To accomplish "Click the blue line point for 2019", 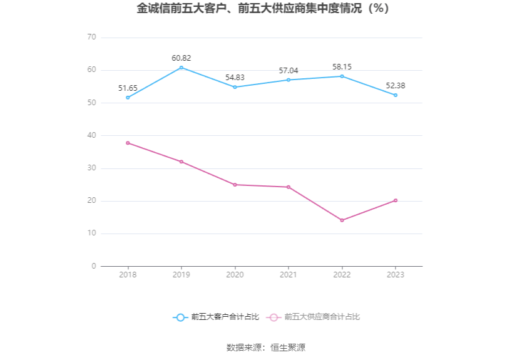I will coord(182,68).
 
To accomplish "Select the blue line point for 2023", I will coord(396,95).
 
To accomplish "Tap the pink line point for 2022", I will coord(342,220).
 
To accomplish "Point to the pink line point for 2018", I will coord(128,143).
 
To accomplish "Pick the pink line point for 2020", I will coord(235,185).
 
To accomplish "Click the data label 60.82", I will coord(182,58).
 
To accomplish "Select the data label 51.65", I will coord(128,88).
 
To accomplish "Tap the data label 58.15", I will coord(342,67).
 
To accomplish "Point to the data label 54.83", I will coord(235,78).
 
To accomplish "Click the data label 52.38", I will coord(396,86).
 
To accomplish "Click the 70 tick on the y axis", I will coord(91,38).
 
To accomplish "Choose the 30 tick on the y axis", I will coord(91,168).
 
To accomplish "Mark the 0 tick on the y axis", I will coord(94,266).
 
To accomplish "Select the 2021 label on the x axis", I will coord(289,275).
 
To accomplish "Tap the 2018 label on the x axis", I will coord(128,275).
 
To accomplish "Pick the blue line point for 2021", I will coord(289,80).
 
